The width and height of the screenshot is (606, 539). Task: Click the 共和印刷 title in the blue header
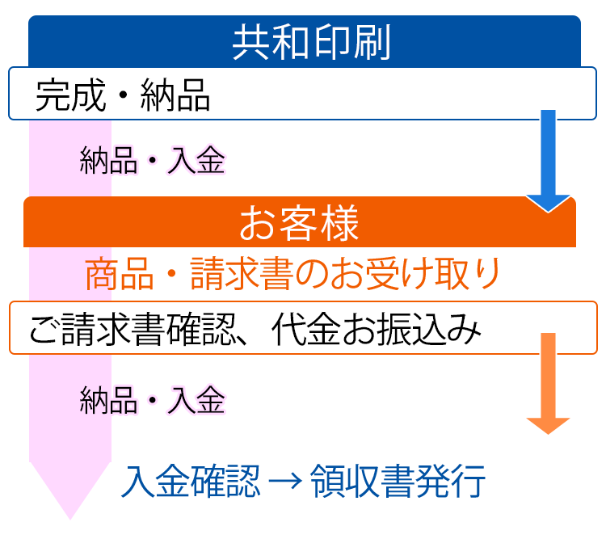312,42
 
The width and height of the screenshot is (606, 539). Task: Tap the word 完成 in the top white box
71,95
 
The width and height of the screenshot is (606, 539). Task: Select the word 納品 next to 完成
175,95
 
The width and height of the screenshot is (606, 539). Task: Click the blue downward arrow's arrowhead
548,203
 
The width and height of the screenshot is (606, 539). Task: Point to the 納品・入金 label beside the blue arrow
152,160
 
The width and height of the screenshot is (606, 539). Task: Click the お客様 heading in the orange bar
299,223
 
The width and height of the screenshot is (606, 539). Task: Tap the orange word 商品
120,274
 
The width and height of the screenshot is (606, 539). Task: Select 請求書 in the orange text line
242,274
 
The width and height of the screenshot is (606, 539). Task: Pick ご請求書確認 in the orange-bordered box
133,329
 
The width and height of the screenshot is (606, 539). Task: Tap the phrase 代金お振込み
377,329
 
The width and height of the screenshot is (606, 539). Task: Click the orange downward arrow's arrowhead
548,425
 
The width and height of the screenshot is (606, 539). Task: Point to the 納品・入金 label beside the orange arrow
152,400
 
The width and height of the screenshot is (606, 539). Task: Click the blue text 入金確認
191,481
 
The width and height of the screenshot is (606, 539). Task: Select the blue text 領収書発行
398,481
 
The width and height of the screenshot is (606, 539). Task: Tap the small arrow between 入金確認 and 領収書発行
285,482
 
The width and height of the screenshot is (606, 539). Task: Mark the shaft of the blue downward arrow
548,153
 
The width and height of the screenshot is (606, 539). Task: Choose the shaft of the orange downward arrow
548,375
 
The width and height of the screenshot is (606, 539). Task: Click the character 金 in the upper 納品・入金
211,160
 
